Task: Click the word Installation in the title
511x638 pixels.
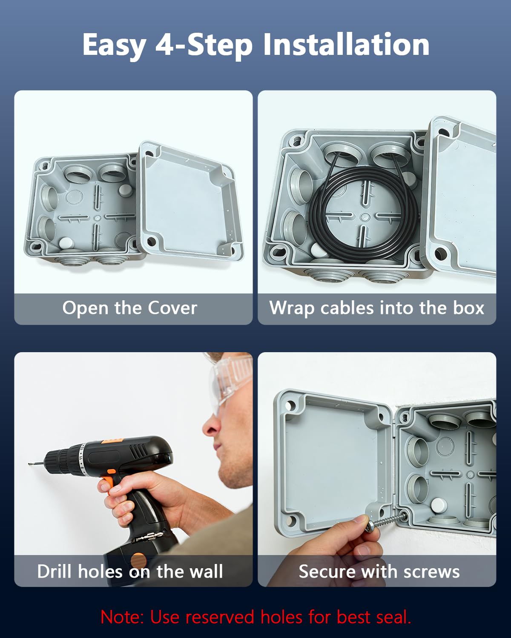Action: point(346,44)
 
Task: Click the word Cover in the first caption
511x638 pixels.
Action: point(172,308)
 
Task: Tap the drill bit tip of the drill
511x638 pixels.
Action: point(29,464)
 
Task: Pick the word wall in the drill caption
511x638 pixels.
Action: point(206,571)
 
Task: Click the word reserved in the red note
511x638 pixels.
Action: point(219,618)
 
